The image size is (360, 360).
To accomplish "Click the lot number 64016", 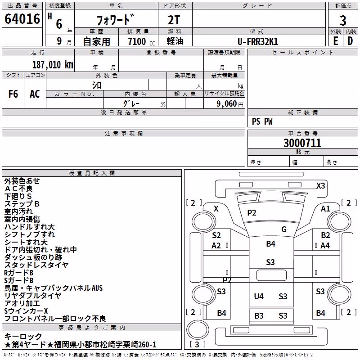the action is (22, 19).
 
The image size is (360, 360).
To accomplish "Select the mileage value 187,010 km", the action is (53, 65).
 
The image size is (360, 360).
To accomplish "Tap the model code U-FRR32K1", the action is (258, 41).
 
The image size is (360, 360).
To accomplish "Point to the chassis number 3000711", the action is (302, 143).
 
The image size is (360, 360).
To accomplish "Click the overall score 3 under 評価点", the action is (343, 20).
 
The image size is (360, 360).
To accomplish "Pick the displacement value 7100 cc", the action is (141, 41).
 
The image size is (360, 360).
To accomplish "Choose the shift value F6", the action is (13, 94).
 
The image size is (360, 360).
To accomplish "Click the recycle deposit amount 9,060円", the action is (230, 104).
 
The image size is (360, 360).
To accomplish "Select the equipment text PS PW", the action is (262, 121).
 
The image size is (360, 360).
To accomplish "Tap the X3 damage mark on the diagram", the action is (321, 185).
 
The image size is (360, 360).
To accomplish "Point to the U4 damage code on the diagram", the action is (259, 296).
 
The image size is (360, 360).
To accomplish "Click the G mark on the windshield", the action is (284, 229).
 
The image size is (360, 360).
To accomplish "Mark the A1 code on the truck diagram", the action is (325, 209).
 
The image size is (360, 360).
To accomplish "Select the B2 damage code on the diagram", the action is (325, 235).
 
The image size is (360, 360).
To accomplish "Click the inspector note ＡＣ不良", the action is (18, 189).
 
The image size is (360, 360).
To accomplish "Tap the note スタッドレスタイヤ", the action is (36, 265).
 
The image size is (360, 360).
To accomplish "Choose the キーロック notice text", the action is (23, 336).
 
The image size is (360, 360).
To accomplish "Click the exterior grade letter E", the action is (336, 41).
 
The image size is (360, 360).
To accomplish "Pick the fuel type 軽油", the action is (175, 41).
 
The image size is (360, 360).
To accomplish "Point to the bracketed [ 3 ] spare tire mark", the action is (197, 344).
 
